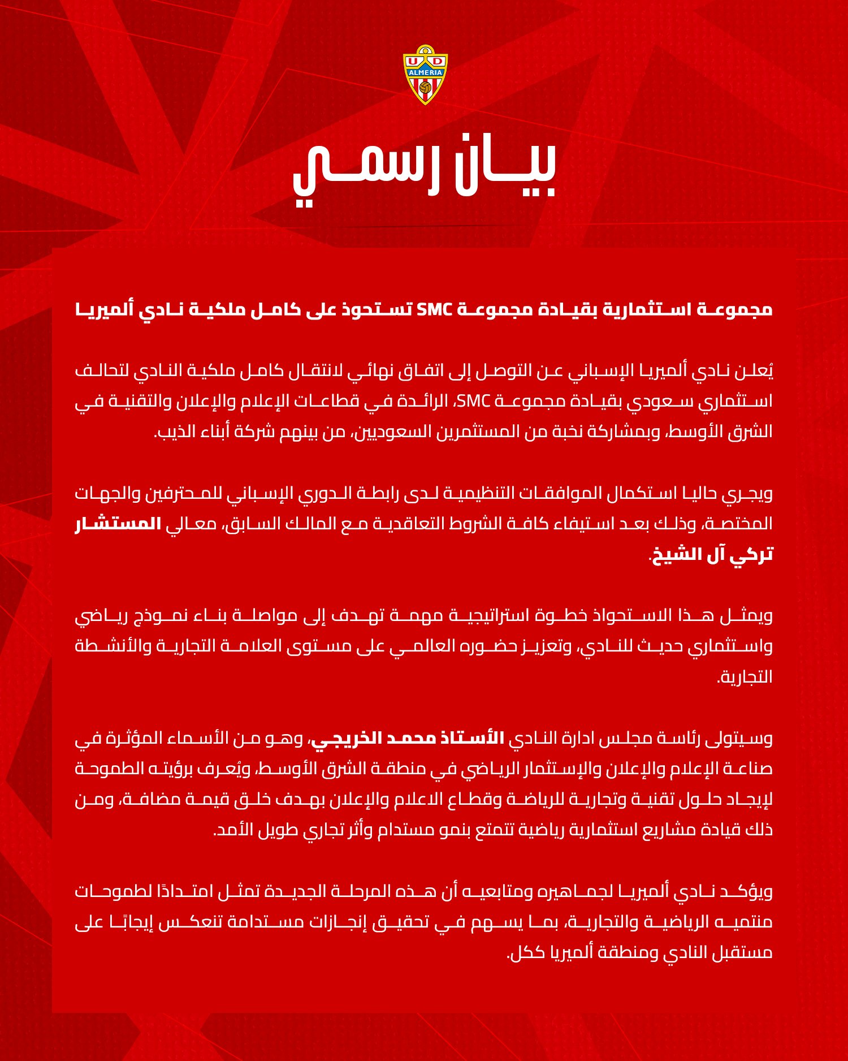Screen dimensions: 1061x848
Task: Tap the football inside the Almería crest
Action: pyautogui.click(x=425, y=89)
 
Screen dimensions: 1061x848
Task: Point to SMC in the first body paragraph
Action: pyautogui.click(x=473, y=402)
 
